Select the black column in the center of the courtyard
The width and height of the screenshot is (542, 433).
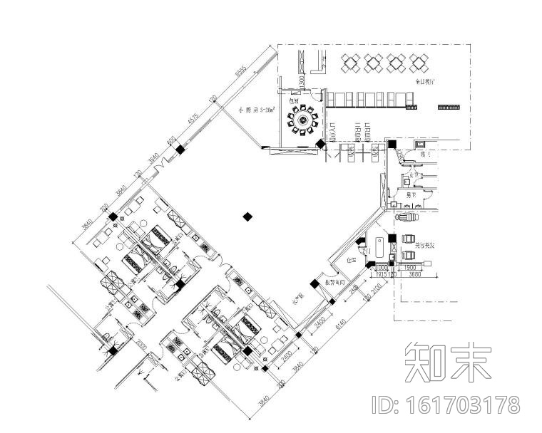click(x=247, y=216)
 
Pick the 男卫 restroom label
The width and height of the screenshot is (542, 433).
click(x=411, y=194)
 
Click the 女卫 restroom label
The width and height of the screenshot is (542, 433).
click(x=411, y=174)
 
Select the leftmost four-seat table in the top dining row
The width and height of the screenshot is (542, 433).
click(x=352, y=63)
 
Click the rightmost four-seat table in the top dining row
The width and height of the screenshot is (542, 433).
click(x=416, y=63)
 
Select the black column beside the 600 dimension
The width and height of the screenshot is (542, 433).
click(x=181, y=150)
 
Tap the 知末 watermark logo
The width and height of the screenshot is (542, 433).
click(x=448, y=362)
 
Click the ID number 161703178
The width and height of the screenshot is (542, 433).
click(x=447, y=405)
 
